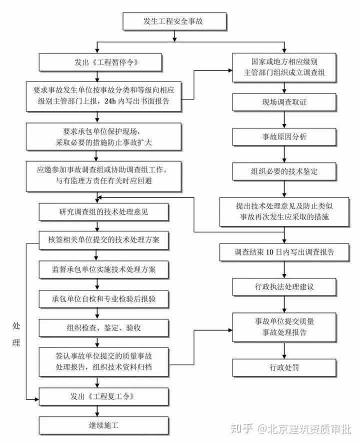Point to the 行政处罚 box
(x=283, y=368)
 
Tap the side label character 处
(x=16, y=326)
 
